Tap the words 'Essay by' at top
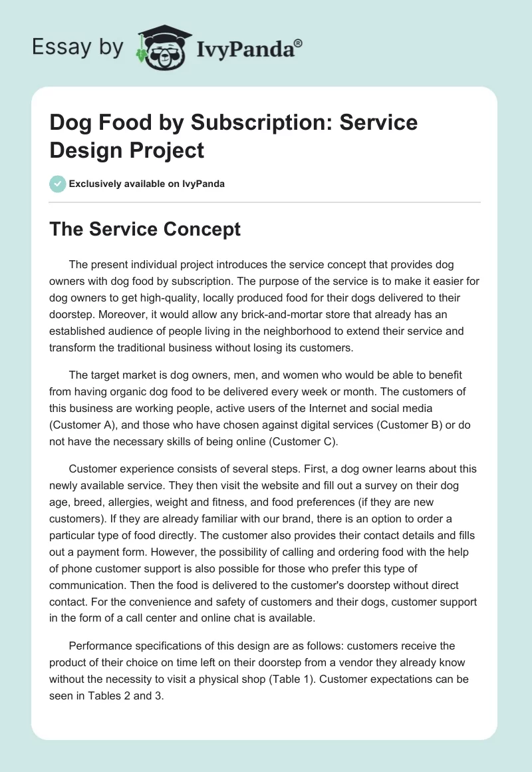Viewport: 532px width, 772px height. click(x=78, y=48)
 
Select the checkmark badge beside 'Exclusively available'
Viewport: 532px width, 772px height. click(x=58, y=184)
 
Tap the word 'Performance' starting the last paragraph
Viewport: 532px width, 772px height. click(x=100, y=646)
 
